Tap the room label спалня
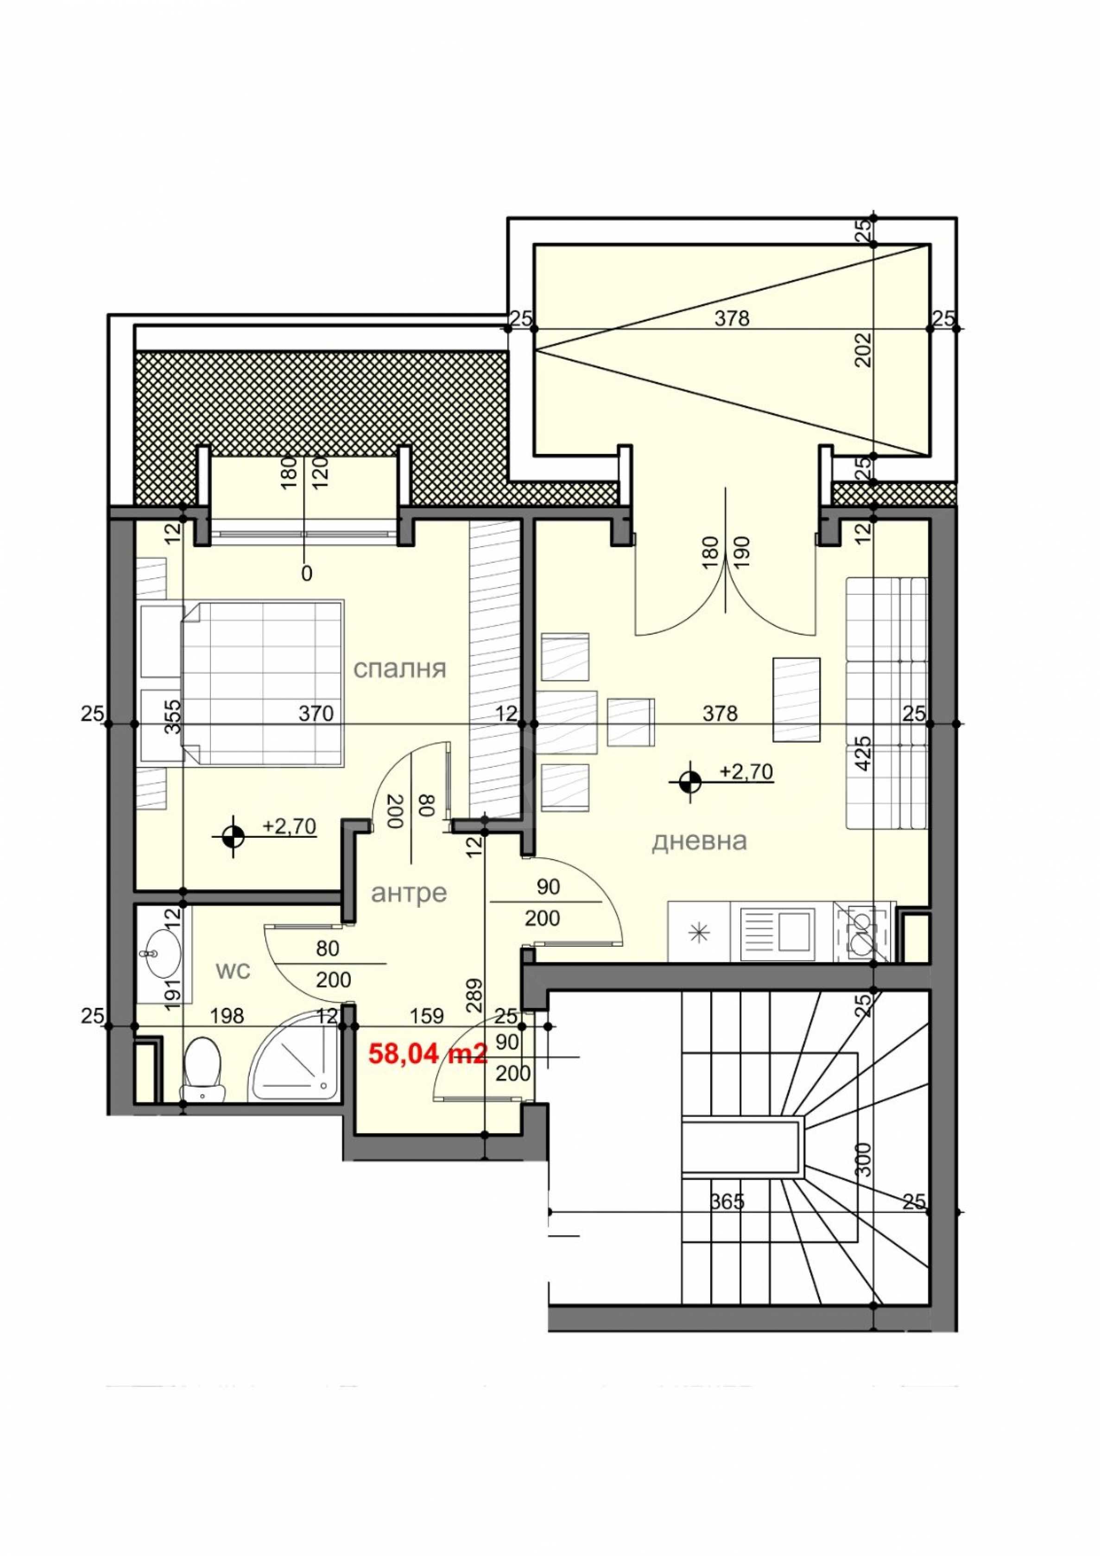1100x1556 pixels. pos(400,669)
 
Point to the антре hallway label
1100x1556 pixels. pos(409,894)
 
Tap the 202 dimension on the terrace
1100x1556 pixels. pos(863,349)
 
